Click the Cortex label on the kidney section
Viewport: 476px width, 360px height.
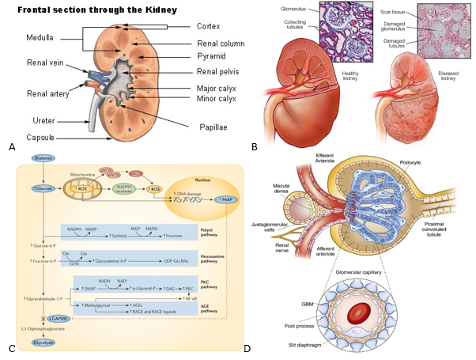point(210,26)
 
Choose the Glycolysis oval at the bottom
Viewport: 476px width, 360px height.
point(42,344)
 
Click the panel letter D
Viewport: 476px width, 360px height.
point(247,347)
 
